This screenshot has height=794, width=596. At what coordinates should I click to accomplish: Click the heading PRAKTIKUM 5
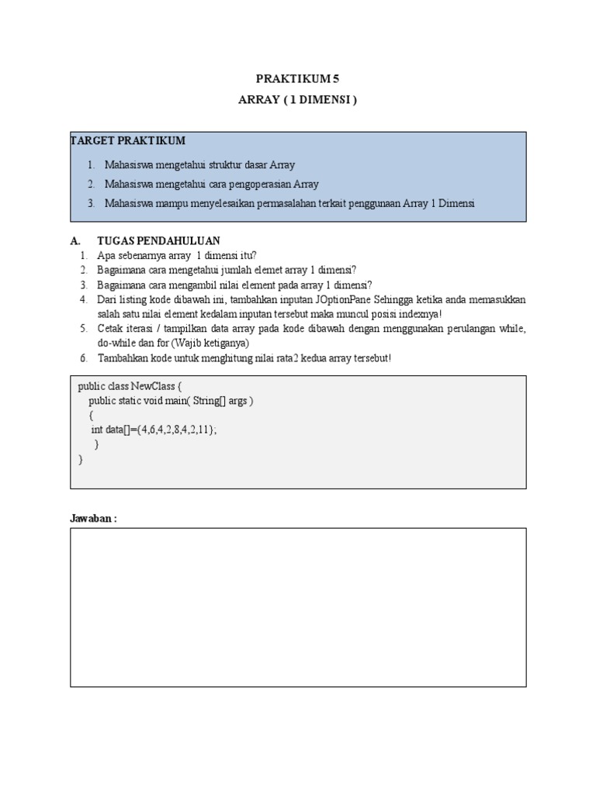298,78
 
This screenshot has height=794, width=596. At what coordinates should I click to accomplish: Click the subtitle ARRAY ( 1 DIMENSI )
298,100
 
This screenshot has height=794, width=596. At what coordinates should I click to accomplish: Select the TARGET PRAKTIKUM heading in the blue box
128,140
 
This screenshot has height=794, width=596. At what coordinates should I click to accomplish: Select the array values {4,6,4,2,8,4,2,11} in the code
173,430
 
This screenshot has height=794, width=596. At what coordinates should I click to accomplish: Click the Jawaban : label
93,518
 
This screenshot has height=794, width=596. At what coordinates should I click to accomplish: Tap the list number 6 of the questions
83,357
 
